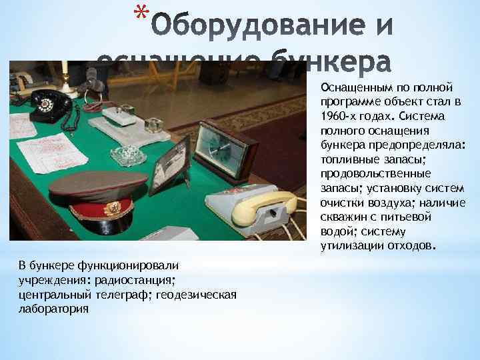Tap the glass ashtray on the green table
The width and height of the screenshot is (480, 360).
pyautogui.click(x=128, y=156)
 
